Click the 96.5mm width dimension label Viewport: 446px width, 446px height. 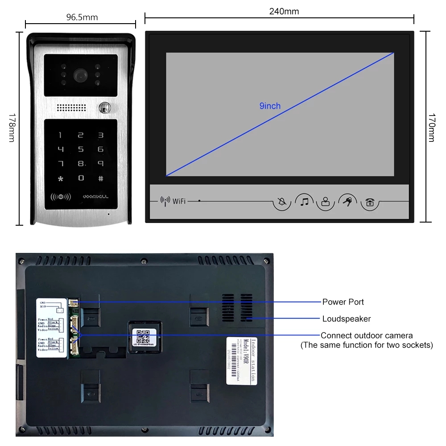(x=82, y=17)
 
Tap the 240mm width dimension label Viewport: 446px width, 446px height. (x=284, y=12)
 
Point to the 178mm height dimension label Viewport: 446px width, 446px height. (x=12, y=129)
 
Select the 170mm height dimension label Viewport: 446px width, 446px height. (x=431, y=128)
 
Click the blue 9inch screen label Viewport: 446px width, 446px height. (x=270, y=106)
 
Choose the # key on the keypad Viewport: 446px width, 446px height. (x=101, y=178)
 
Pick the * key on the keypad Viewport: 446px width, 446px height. (x=61, y=179)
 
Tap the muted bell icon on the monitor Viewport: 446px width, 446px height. (x=282, y=202)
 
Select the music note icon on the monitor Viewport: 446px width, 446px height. (x=305, y=202)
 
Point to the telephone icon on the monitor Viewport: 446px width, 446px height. (x=370, y=202)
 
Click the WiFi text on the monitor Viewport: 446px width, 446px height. (x=179, y=201)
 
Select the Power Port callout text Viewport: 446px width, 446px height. (x=343, y=302)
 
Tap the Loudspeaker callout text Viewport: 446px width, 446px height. (x=347, y=318)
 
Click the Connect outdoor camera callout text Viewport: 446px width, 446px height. (x=367, y=335)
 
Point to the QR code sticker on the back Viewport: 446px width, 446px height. (x=144, y=335)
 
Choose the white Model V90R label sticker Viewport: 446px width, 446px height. (x=241, y=360)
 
